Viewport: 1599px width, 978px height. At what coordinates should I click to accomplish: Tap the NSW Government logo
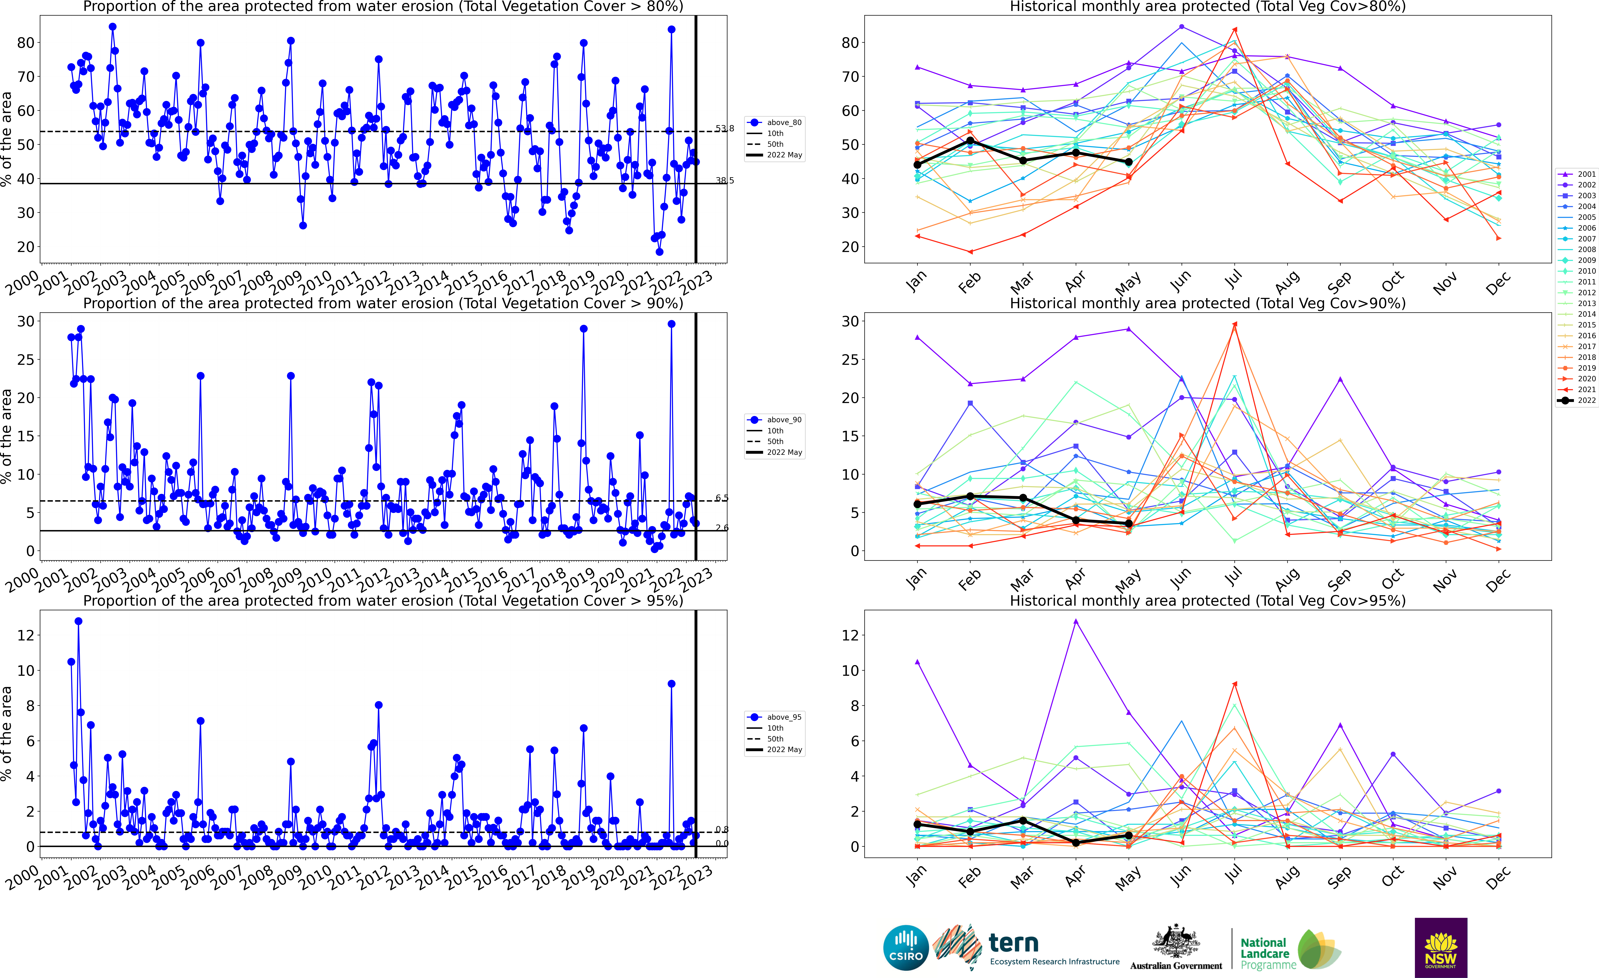[x=1441, y=947]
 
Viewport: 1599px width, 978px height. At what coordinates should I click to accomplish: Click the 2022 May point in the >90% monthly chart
[x=1129, y=523]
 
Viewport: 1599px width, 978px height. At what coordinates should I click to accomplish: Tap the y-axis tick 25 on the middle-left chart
[x=26, y=359]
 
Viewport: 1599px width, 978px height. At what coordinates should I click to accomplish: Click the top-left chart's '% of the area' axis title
[x=7, y=139]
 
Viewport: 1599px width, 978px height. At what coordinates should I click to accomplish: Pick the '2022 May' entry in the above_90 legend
[x=784, y=452]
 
